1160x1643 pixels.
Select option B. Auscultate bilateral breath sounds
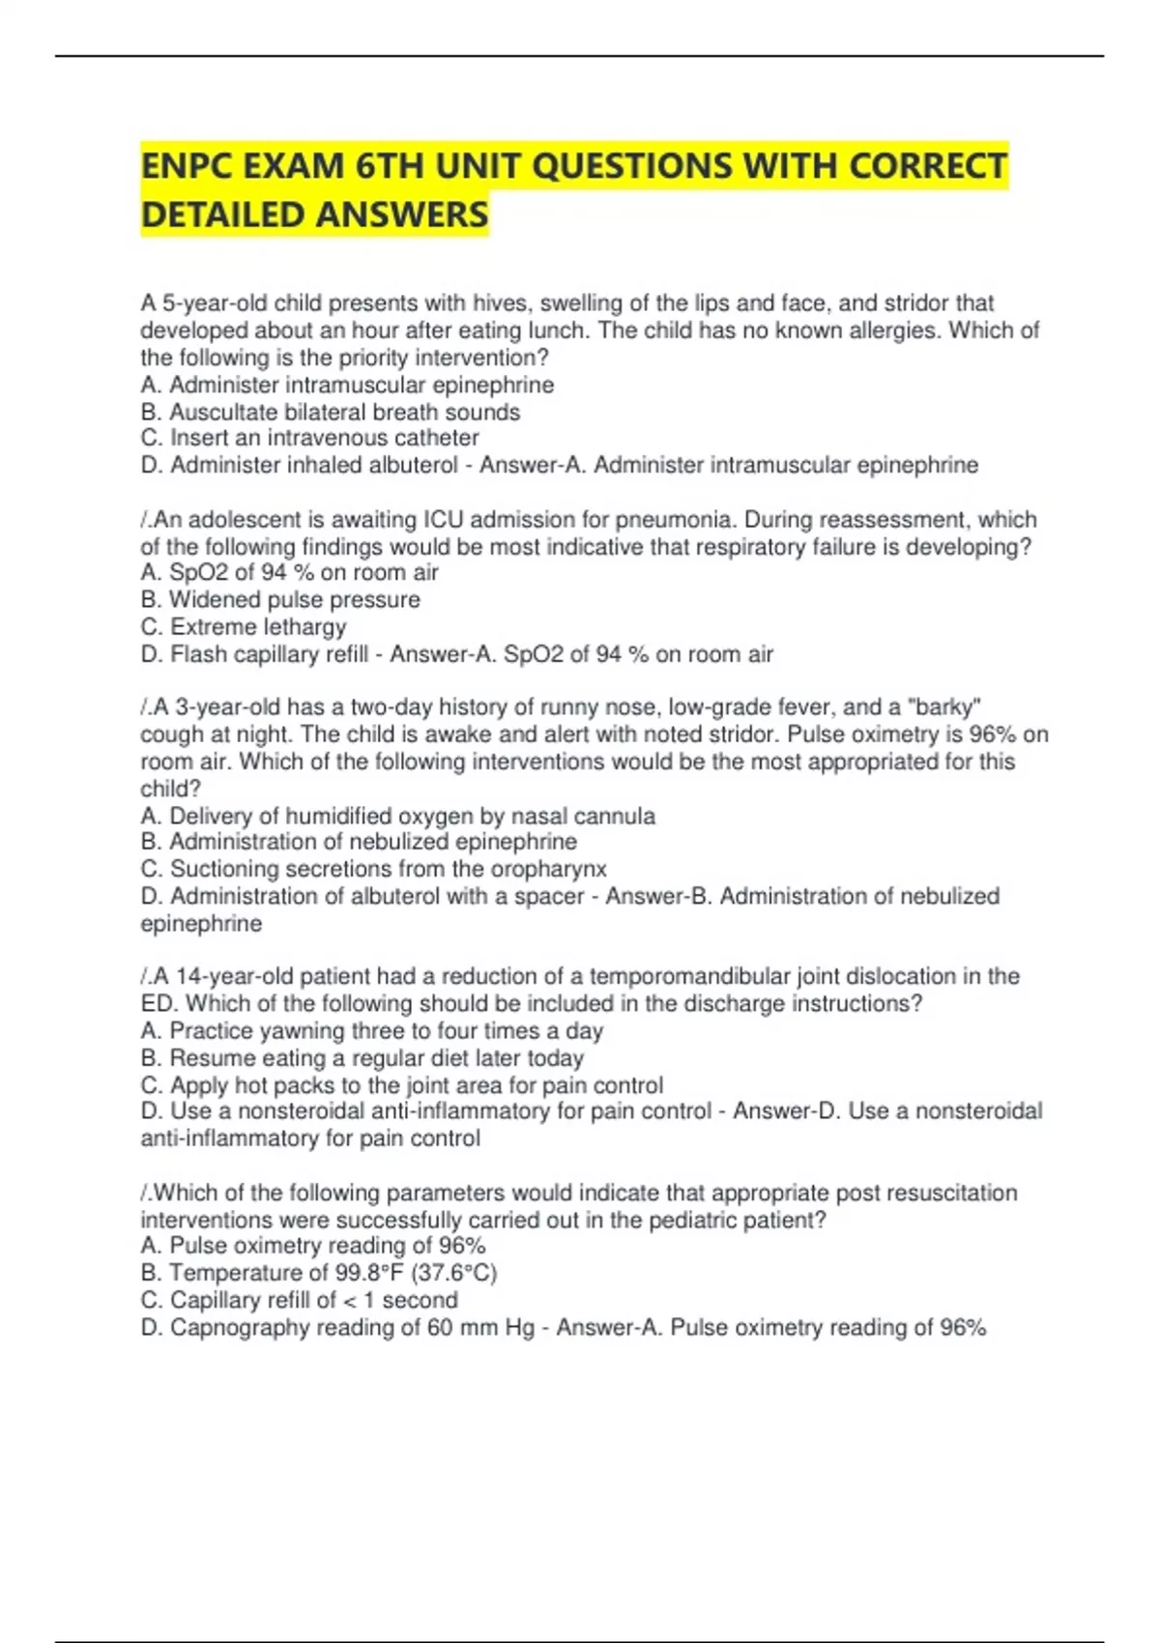[x=331, y=412]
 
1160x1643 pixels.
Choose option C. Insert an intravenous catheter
[x=309, y=438]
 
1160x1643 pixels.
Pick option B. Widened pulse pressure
[x=280, y=599]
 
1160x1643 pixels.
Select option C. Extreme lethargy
[x=244, y=626]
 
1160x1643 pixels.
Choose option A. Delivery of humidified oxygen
[x=397, y=816]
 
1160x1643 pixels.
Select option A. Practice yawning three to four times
[x=372, y=1030]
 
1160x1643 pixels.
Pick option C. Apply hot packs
[x=402, y=1084]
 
